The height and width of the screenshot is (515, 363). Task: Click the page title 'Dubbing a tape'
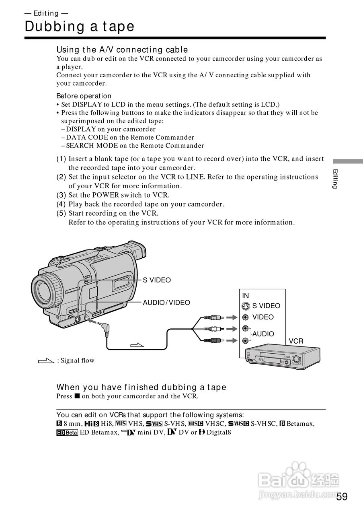pos(80,27)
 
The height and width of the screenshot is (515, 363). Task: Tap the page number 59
pos(342,496)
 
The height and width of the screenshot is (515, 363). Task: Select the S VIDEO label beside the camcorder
pos(157,280)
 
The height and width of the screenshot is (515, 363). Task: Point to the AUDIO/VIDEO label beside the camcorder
pos(166,303)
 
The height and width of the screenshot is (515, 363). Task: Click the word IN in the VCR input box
pos(245,296)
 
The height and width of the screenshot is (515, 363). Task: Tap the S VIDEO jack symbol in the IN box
pos(246,306)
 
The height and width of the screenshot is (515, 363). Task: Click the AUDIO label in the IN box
pos(263,334)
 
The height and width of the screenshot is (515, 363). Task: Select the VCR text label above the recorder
pos(296,341)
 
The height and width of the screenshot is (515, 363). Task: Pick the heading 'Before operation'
pos(84,96)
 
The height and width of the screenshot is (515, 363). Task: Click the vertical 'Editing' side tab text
pos(335,179)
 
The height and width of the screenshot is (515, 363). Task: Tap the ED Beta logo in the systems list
pos(67,433)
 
